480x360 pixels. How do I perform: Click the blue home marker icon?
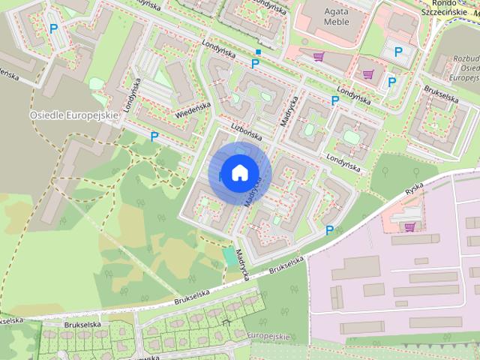pyautogui.click(x=238, y=172)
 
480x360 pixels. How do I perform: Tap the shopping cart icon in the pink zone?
pyautogui.click(x=409, y=226)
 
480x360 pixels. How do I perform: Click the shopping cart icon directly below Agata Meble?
pyautogui.click(x=319, y=55)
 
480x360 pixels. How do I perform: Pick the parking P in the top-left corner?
pyautogui.click(x=53, y=28)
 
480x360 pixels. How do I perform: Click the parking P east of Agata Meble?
pyautogui.click(x=398, y=52)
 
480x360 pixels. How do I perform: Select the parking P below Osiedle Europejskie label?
pyautogui.click(x=154, y=136)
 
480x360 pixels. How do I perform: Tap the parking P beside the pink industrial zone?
pyautogui.click(x=329, y=229)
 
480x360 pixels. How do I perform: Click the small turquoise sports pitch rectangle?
pyautogui.click(x=229, y=256)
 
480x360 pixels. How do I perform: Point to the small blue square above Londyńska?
pyautogui.click(x=258, y=52)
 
